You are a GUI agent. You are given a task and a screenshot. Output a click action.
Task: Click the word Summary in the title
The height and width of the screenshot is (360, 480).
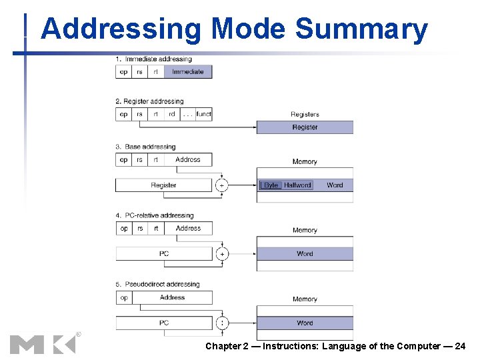tap(361, 30)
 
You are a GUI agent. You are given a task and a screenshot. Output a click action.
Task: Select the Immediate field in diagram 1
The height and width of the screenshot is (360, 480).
tap(188, 71)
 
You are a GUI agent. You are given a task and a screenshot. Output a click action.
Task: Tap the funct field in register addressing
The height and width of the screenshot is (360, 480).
tap(203, 114)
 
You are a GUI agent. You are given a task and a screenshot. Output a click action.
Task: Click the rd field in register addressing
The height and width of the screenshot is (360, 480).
tap(172, 114)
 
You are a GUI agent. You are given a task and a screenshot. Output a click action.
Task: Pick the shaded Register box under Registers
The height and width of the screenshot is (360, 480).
tap(305, 127)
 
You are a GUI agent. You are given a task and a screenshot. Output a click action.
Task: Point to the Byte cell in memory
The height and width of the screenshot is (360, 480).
tap(271, 185)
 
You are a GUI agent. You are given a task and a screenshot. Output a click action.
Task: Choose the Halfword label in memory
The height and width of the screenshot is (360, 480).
tap(297, 185)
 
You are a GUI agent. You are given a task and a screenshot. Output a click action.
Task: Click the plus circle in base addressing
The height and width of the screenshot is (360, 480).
tap(221, 185)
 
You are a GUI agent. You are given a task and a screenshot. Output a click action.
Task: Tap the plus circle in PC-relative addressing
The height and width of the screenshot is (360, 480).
tap(221, 254)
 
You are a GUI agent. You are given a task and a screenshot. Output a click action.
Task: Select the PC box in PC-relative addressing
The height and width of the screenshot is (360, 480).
tap(164, 254)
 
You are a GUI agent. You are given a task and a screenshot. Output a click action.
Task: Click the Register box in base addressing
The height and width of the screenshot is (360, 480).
tap(164, 185)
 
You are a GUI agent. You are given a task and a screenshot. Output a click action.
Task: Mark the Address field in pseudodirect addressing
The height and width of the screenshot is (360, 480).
tap(172, 297)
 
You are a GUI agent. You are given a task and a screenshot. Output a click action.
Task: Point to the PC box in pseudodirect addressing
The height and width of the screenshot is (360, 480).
tap(164, 323)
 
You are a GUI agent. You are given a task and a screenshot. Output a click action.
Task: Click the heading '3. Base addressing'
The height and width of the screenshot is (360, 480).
tap(145, 147)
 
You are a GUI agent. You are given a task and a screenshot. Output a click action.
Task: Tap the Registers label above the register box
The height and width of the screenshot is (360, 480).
tap(305, 115)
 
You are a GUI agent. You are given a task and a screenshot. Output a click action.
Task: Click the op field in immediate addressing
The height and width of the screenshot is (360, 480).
tap(123, 71)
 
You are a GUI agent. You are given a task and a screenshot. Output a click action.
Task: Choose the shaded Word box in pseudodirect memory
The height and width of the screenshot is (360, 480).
tap(305, 323)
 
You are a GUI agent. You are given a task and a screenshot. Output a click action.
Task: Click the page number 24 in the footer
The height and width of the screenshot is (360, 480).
tap(460, 346)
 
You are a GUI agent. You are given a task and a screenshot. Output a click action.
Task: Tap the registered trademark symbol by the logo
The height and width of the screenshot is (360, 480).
tap(78, 334)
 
